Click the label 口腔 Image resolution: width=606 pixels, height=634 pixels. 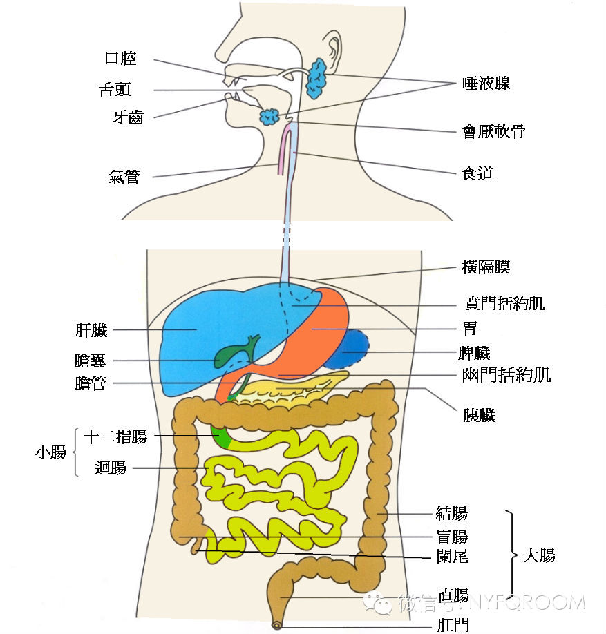point(120,59)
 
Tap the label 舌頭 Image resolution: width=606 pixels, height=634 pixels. point(115,90)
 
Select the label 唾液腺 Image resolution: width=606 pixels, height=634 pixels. point(486,84)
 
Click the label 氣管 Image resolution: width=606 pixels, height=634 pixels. point(124,177)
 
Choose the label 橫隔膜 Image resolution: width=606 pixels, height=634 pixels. point(486,267)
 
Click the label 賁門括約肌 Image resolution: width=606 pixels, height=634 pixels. point(505,305)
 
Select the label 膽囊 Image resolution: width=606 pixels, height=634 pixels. point(91,361)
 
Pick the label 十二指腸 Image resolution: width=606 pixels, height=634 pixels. point(115,437)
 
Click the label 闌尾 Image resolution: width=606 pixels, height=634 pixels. point(453,556)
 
